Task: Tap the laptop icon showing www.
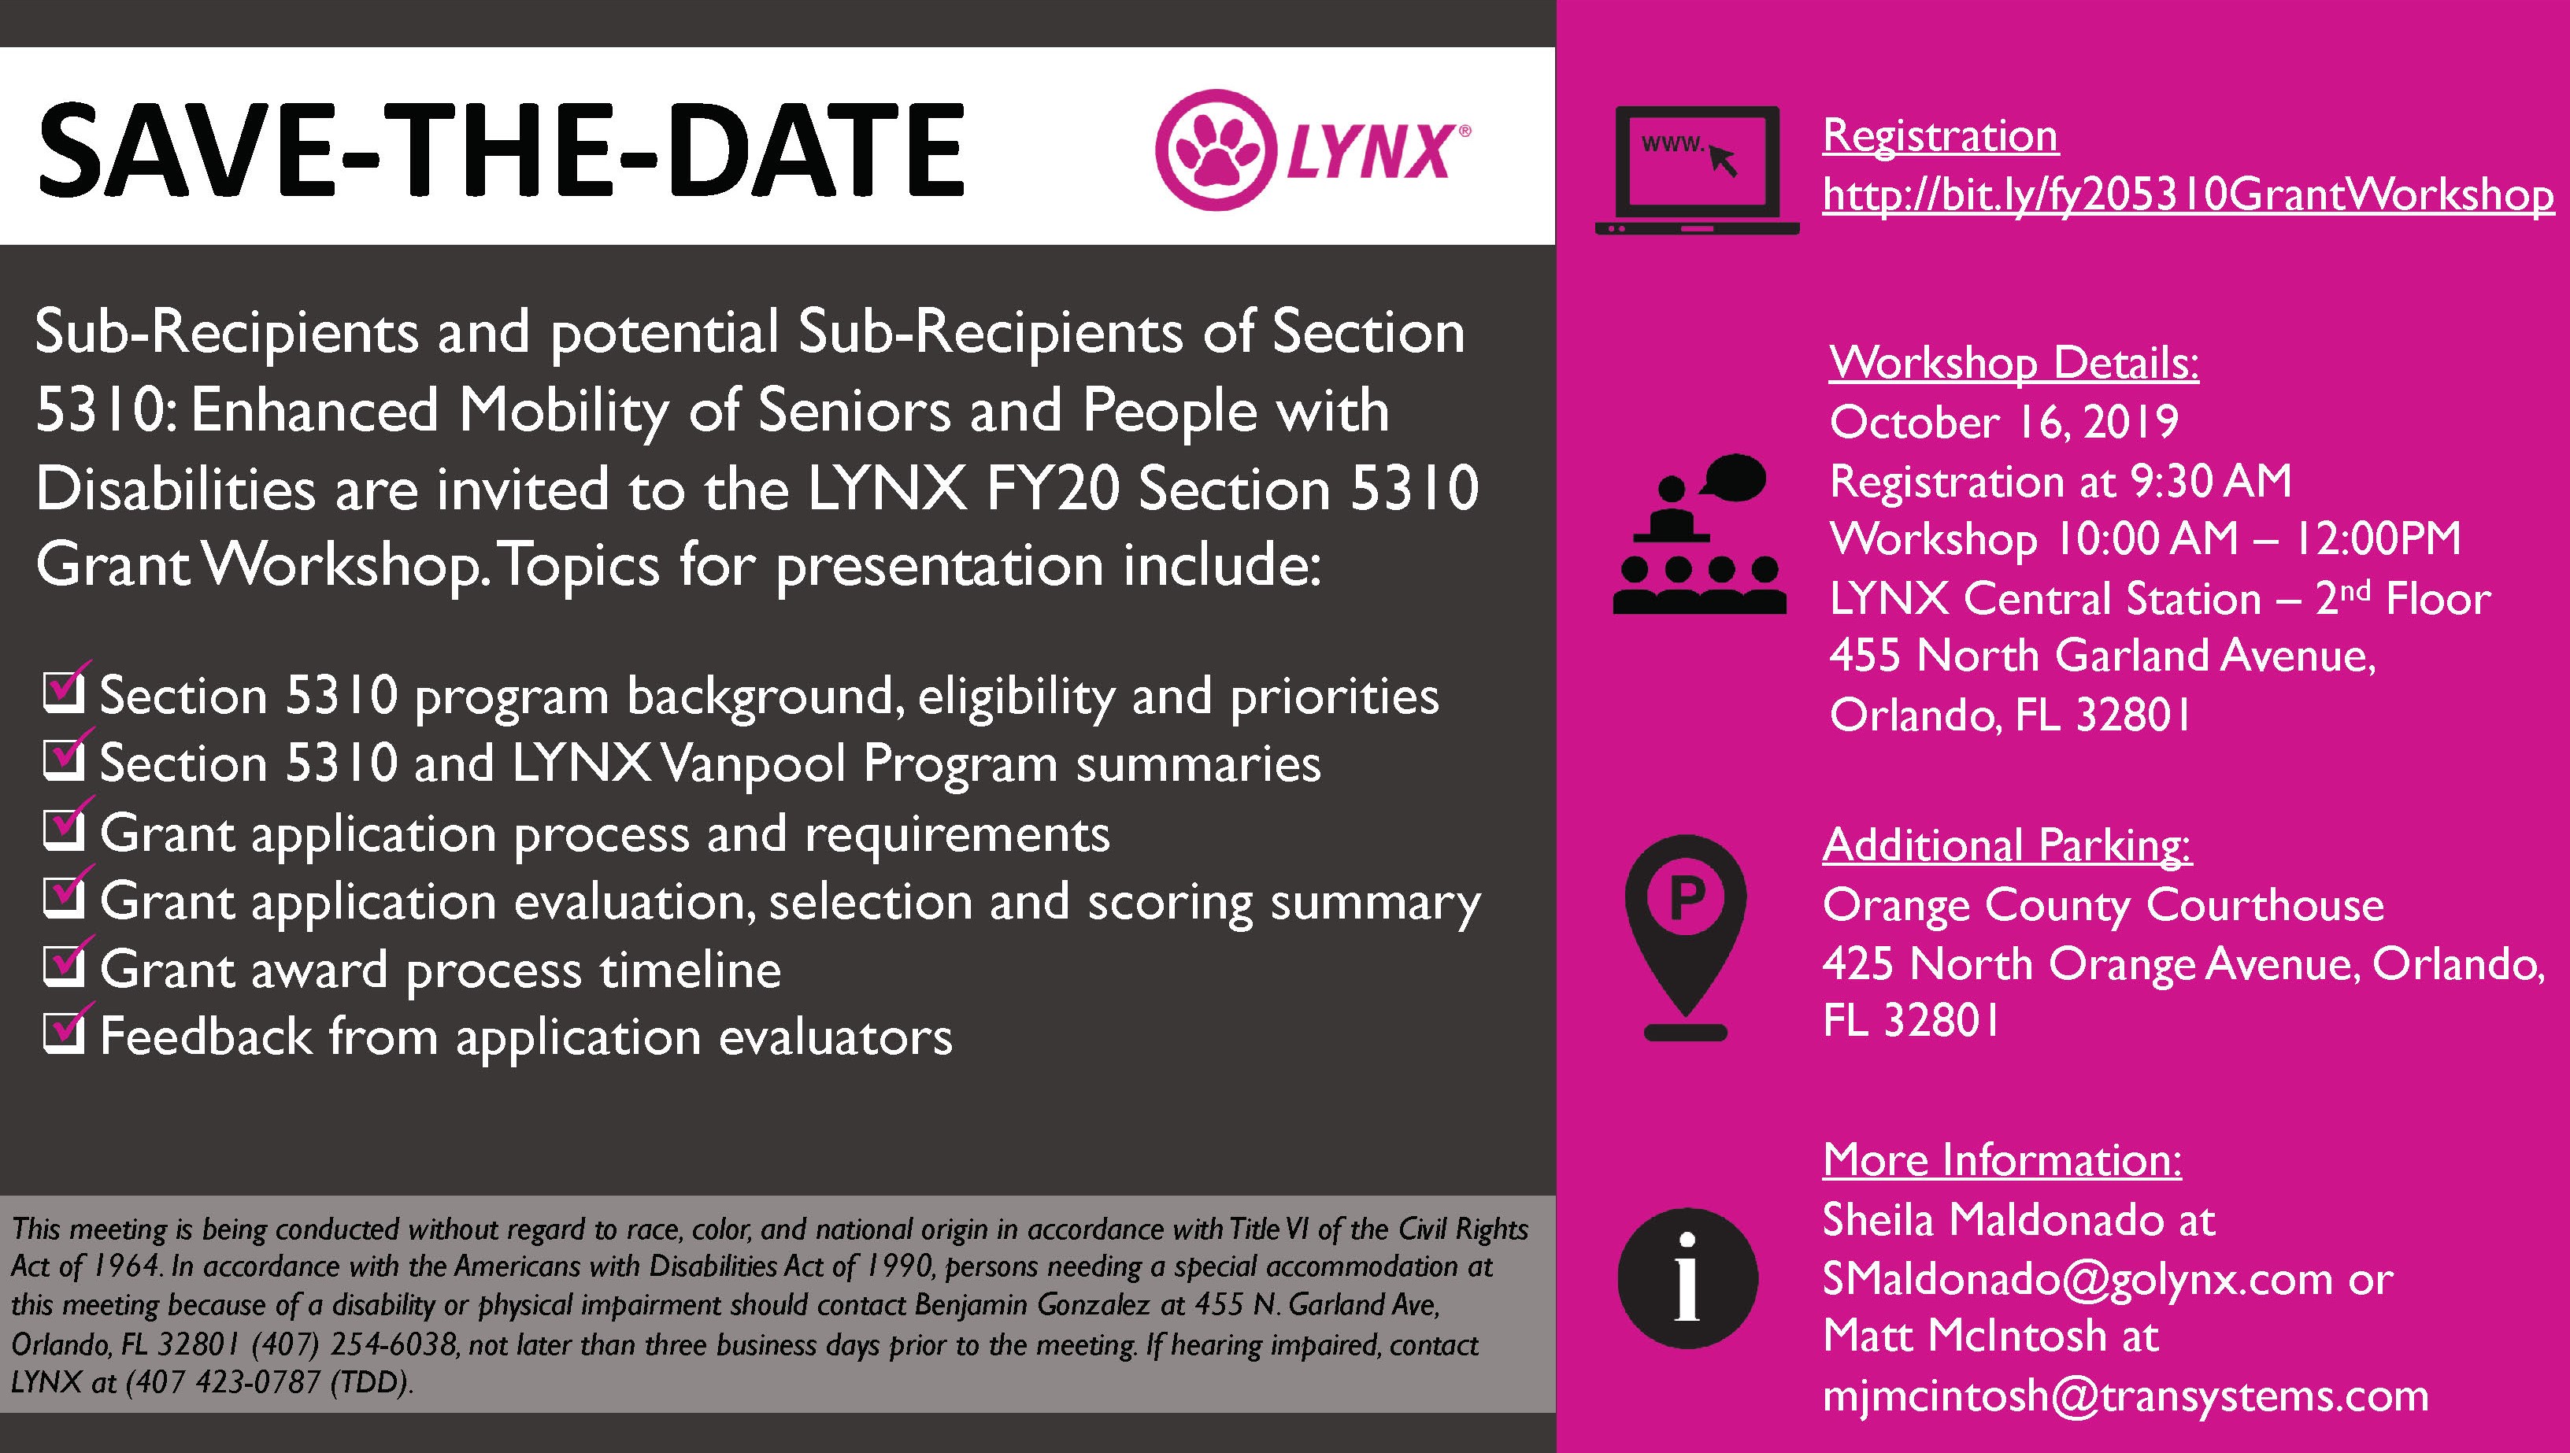[1697, 170]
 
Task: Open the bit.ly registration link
[2188, 194]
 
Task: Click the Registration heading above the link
[1940, 135]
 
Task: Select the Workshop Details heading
[2014, 362]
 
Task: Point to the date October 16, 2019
[2004, 422]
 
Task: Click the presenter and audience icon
[1698, 534]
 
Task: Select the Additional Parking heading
[2007, 845]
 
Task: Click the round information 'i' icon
[1687, 1278]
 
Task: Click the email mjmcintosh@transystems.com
[2126, 1395]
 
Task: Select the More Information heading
[2002, 1159]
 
